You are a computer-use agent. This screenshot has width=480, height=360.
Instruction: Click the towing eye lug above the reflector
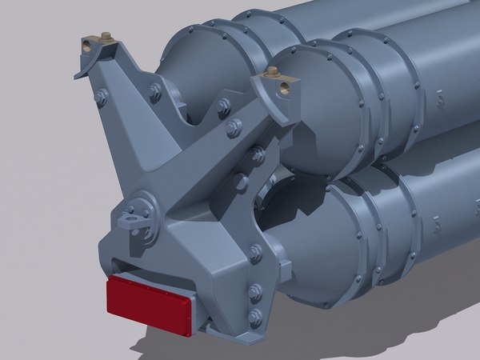(x=131, y=217)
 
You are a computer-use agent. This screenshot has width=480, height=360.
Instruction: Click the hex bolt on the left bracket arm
(x=101, y=98)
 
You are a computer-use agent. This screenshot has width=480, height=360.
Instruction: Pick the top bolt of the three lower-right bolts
(x=255, y=254)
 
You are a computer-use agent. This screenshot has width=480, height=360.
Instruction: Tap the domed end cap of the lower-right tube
(x=320, y=248)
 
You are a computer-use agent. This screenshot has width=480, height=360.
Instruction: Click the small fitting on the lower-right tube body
(x=439, y=229)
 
